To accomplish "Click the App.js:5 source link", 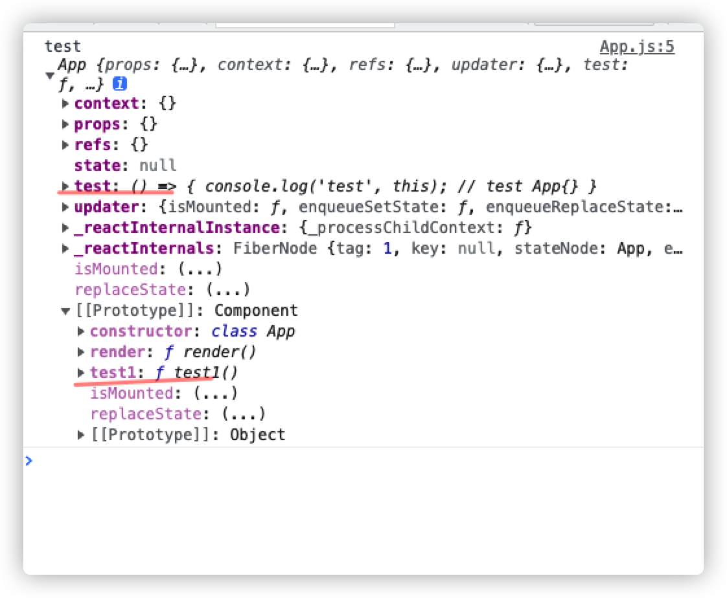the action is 637,47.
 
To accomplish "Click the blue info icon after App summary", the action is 119,84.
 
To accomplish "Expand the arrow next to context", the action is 65,104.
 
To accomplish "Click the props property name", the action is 97,124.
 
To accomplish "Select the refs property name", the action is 93,145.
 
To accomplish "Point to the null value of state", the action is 158,166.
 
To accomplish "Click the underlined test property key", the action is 92,186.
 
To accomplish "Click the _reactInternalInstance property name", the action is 177,228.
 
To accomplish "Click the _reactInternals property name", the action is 144,249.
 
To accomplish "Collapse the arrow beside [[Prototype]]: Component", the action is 65,311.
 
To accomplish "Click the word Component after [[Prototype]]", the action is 256,311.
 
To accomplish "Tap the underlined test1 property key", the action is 111,373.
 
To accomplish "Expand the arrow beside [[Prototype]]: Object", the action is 81,435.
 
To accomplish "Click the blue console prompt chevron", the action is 29,461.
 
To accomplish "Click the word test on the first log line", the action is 62,47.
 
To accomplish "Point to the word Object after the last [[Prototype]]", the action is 257,435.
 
